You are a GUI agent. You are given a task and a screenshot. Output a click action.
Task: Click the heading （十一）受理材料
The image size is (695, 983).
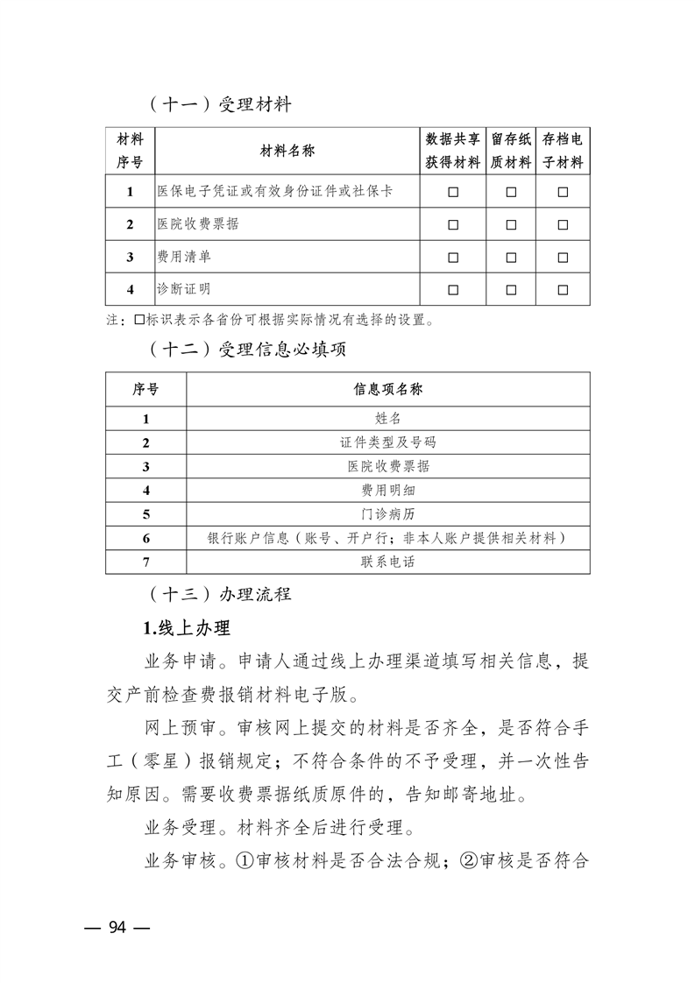pos(219,105)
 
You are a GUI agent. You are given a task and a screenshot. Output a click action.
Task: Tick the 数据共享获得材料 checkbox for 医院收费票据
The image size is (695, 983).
pos(453,224)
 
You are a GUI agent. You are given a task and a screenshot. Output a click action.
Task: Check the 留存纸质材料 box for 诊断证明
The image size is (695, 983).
pos(510,289)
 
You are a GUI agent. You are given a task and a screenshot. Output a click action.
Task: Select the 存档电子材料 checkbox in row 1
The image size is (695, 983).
pos(563,192)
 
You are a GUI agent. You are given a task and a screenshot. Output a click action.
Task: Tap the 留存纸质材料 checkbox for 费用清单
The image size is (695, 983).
pos(510,257)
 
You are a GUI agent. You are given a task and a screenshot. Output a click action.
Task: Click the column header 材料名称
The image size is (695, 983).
pos(287,152)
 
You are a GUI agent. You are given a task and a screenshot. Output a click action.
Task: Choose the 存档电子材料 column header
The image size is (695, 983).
pos(563,152)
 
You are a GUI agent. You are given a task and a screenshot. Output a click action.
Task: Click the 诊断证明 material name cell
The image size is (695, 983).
pos(183,289)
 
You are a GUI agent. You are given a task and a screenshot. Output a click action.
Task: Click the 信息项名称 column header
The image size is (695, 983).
pos(387,390)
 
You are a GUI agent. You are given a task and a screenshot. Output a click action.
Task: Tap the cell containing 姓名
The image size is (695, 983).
pos(387,419)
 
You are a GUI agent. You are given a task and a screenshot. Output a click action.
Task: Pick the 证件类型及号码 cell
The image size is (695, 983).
pos(387,442)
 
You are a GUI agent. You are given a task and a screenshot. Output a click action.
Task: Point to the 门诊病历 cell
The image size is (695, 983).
pos(387,514)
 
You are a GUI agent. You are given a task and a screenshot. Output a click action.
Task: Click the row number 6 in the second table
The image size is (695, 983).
pos(146,538)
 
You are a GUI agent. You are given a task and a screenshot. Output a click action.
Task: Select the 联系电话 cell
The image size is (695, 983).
pos(387,562)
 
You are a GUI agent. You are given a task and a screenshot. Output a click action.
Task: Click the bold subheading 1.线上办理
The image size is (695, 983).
pos(186,628)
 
